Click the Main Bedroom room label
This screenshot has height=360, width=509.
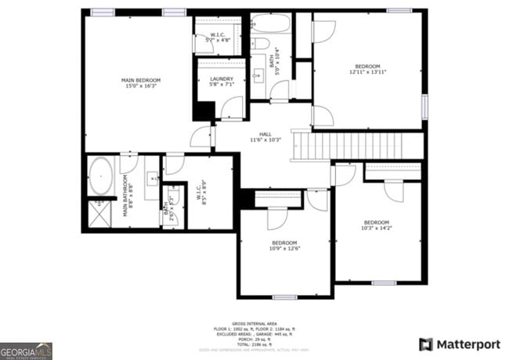(x=141, y=81)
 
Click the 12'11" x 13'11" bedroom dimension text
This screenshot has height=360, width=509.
(x=367, y=72)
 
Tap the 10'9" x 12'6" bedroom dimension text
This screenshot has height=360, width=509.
(x=284, y=249)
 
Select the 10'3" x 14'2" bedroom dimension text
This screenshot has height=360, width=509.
(x=376, y=229)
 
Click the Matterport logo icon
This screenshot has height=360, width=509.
(x=425, y=344)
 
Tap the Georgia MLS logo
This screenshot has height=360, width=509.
(x=26, y=349)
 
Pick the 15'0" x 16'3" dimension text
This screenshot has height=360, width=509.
(x=141, y=87)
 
